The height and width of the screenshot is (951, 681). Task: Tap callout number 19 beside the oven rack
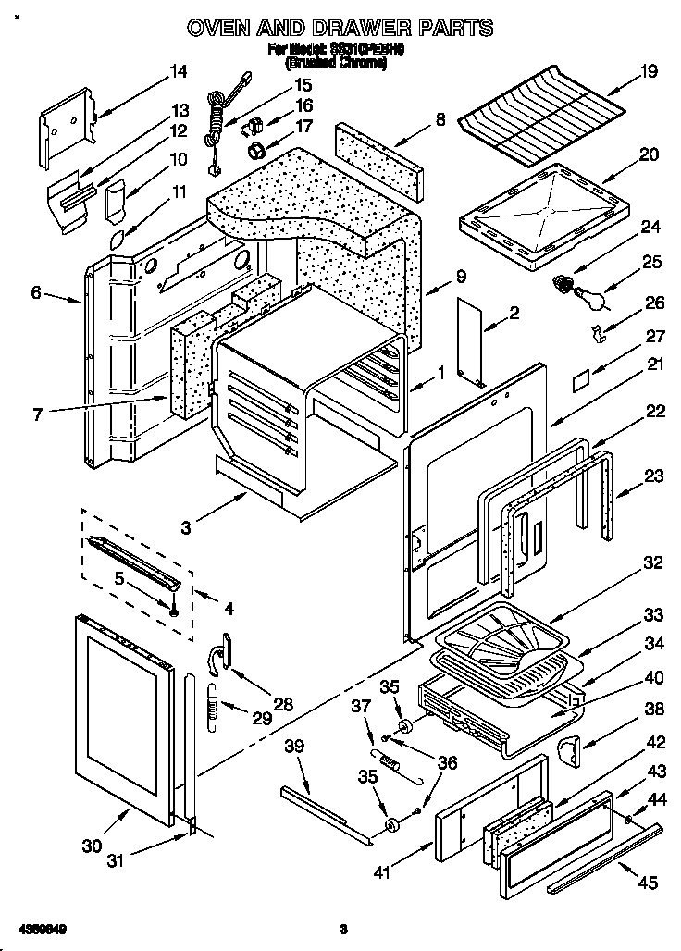tap(648, 71)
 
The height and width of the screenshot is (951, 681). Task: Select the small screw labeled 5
tap(173, 607)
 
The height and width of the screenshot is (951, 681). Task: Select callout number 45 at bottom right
tap(648, 884)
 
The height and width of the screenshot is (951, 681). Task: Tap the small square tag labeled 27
tap(580, 380)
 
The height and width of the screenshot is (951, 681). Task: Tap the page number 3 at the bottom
tap(341, 928)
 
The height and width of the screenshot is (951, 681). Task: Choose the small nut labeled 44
tap(628, 820)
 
